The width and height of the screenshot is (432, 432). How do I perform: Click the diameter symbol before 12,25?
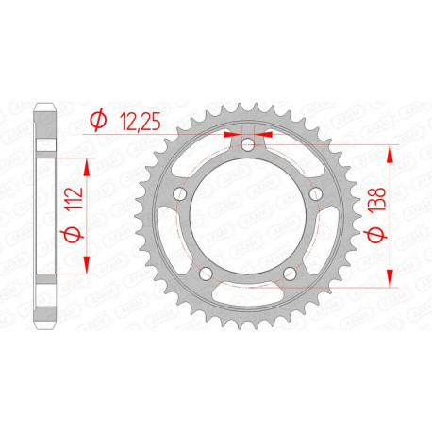(x=97, y=119)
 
